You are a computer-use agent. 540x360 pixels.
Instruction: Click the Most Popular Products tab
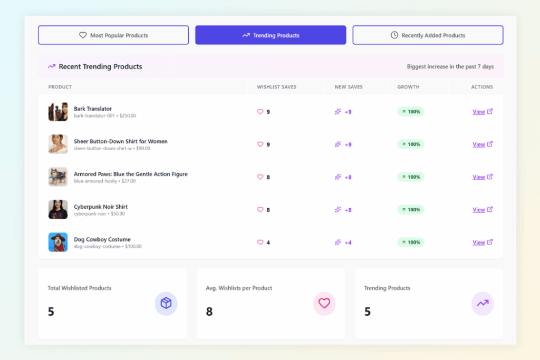click(x=113, y=35)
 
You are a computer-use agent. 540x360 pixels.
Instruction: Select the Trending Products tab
click(x=271, y=35)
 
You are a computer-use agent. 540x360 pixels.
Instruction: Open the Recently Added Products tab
click(x=428, y=35)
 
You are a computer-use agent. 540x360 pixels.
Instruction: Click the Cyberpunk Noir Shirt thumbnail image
click(x=58, y=209)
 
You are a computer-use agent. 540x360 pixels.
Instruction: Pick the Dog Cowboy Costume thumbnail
click(x=58, y=242)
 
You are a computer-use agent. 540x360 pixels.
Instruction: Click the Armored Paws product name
click(x=130, y=174)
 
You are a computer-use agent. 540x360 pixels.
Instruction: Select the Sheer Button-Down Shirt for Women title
click(x=120, y=141)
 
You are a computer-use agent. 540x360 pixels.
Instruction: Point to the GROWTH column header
click(x=408, y=87)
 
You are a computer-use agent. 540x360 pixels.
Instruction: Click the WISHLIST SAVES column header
click(x=276, y=87)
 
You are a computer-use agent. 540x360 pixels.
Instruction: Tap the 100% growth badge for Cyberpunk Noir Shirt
click(x=410, y=210)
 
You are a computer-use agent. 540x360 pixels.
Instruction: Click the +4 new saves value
click(x=348, y=242)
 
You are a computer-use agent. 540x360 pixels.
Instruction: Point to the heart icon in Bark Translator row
click(x=260, y=112)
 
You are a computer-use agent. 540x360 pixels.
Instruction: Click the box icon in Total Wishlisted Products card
click(x=166, y=303)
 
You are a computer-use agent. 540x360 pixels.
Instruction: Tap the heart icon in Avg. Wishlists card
click(x=324, y=303)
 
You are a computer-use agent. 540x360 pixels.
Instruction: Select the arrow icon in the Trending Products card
click(x=483, y=303)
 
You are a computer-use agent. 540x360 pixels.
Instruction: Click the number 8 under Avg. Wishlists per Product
click(x=209, y=312)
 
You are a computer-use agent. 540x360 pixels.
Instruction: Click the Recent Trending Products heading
click(x=100, y=66)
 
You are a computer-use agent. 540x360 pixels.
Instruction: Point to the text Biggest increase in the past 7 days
click(x=450, y=67)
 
